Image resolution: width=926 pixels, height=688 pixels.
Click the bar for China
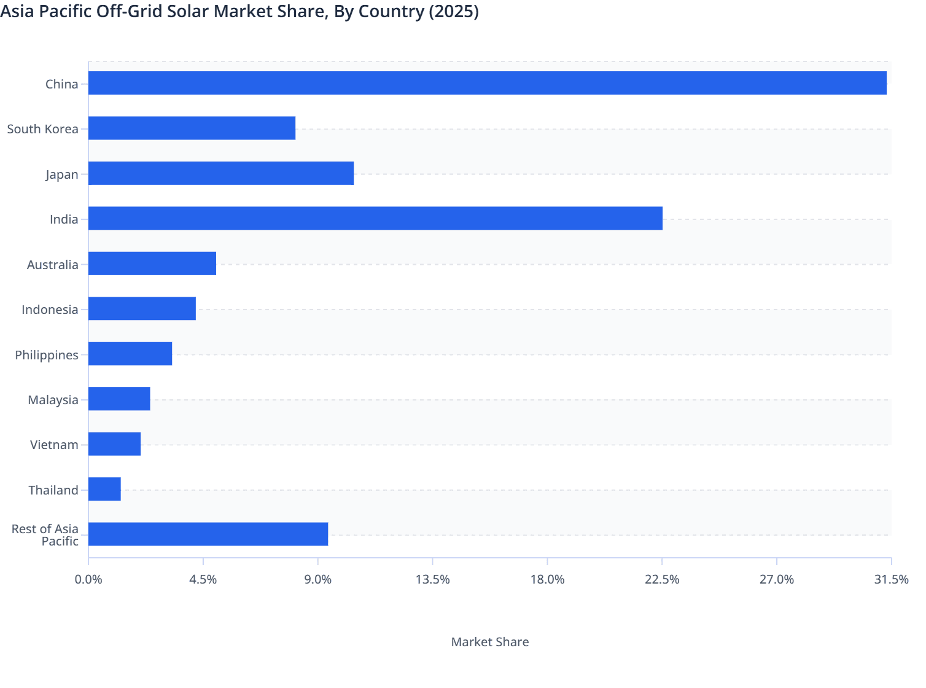(487, 83)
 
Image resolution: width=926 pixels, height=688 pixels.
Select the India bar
(375, 218)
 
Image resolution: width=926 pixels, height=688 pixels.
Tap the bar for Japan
(221, 173)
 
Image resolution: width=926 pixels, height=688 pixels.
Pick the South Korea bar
(192, 128)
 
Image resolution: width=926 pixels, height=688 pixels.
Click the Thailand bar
(104, 489)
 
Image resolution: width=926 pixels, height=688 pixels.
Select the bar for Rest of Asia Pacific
(208, 534)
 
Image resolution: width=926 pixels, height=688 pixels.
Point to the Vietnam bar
(114, 444)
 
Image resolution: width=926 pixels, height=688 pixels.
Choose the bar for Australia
(152, 264)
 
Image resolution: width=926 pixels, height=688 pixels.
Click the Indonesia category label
(50, 310)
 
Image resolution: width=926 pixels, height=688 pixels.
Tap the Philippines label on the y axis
(47, 355)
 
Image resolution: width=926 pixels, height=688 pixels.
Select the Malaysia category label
(53, 400)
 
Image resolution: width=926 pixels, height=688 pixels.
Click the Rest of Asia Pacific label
(45, 535)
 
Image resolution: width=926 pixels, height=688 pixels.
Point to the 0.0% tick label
(88, 579)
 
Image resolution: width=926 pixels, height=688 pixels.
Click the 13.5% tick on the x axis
(433, 579)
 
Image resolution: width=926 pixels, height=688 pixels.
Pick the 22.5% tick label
(662, 579)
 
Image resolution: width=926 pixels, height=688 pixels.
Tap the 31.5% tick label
(891, 579)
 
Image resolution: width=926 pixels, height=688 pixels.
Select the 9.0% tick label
(318, 579)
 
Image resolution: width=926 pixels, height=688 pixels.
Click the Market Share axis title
(489, 642)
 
